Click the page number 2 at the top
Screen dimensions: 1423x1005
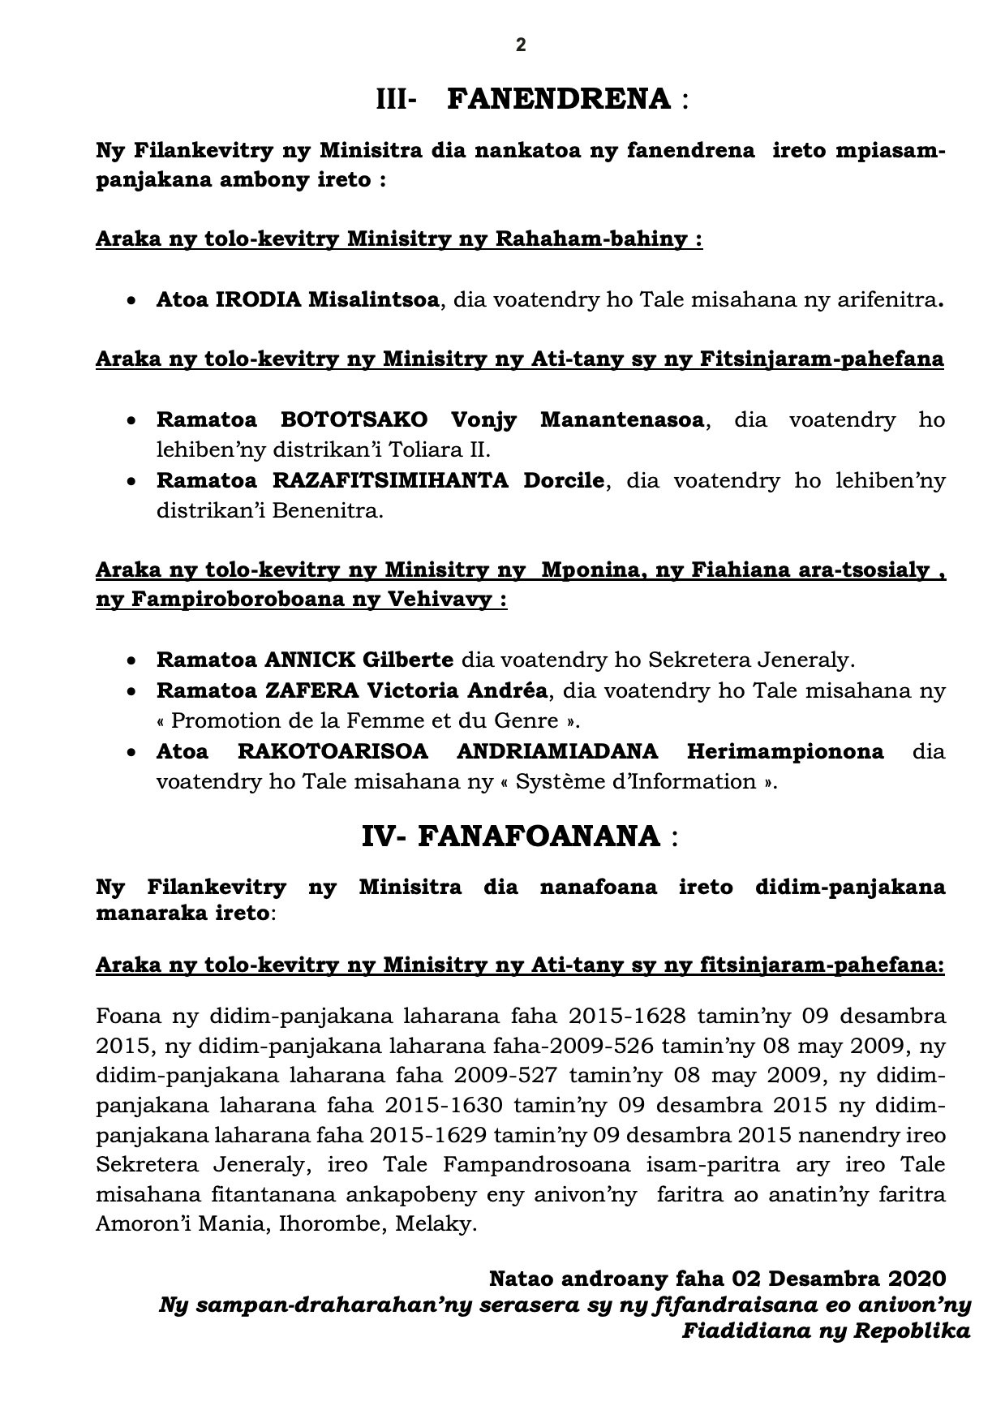(521, 45)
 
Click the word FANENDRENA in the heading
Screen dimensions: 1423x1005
(559, 99)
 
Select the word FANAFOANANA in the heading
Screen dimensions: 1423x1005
(539, 836)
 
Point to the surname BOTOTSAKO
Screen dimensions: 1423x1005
(354, 420)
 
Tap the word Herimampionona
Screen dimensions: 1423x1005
(785, 751)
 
